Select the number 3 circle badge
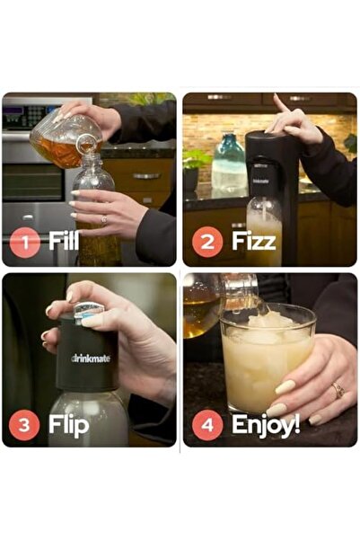tap(25, 424)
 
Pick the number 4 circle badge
tap(208, 424)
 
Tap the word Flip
tap(68, 424)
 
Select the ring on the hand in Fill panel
tap(103, 218)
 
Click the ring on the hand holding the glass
tap(338, 390)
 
